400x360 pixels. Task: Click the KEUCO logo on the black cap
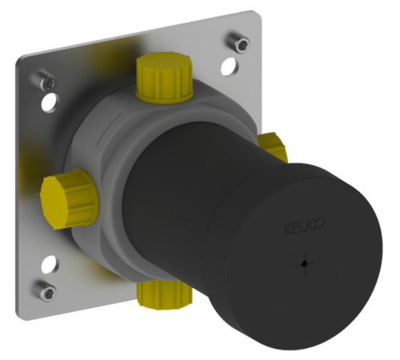pos(305,227)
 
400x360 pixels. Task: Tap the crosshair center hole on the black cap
pos(304,264)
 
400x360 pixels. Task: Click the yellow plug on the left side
pos(69,198)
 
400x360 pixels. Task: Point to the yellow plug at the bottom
pos(165,294)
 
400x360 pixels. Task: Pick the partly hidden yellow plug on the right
pos(273,147)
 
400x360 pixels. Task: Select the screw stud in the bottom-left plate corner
pos(46,290)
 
